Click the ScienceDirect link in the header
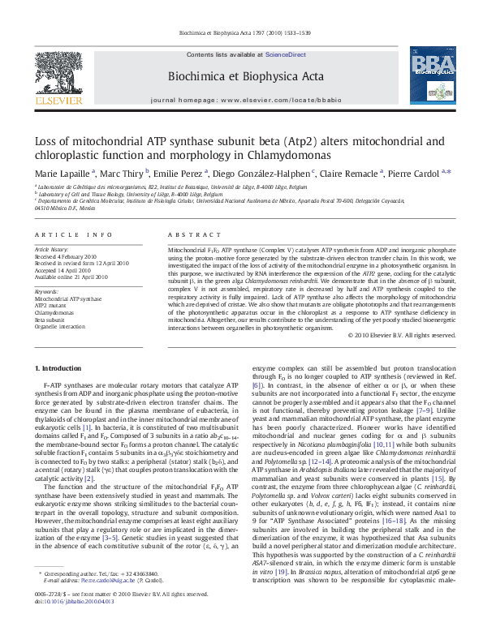point(278,54)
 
